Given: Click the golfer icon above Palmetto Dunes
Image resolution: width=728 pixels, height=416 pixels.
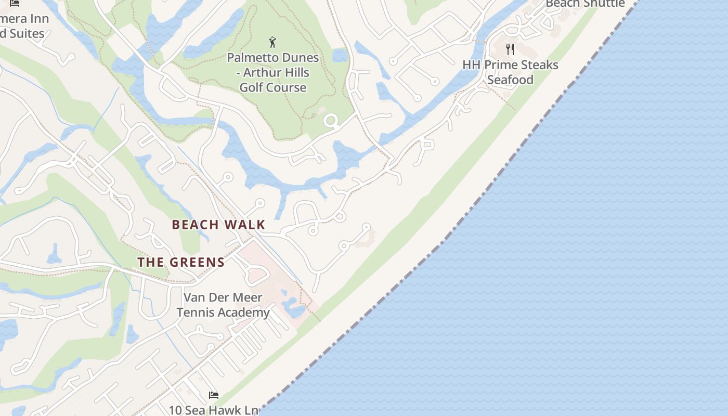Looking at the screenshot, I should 272,42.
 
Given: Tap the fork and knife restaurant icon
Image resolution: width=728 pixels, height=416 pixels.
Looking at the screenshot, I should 510,49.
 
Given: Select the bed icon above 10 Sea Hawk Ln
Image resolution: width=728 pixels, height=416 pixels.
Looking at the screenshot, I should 213,395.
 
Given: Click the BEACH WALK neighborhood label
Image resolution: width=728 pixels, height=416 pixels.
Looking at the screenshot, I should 218,225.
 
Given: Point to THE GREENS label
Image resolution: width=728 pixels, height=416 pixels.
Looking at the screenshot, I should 181,262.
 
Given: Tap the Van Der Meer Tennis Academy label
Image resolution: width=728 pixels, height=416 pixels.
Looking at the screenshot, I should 223,305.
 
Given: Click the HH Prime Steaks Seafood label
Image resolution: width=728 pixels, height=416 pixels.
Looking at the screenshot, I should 510,72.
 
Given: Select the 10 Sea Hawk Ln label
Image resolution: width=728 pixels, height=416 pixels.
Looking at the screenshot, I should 214,410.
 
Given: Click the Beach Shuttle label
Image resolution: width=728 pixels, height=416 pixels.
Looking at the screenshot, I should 585,4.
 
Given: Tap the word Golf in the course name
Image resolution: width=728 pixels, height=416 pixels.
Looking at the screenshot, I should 250,87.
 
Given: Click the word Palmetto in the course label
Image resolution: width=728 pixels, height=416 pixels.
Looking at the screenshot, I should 253,57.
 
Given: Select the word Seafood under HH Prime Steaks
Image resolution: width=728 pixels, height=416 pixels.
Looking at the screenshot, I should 510,80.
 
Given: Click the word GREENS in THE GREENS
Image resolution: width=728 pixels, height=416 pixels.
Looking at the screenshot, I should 197,262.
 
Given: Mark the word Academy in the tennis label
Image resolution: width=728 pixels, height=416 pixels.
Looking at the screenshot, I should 244,313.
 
